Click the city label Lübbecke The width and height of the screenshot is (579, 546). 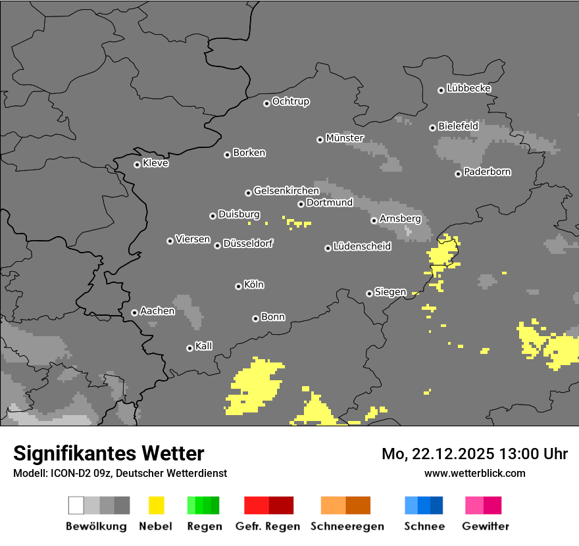[x=468, y=88]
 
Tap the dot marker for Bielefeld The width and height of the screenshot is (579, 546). [x=432, y=128]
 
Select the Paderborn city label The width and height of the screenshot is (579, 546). [x=487, y=172]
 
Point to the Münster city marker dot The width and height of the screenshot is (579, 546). [x=320, y=139]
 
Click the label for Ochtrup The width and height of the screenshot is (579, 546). [x=290, y=102]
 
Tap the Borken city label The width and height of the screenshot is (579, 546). [x=249, y=153]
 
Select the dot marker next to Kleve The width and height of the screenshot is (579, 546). [x=137, y=164]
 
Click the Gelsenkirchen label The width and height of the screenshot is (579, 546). [x=286, y=191]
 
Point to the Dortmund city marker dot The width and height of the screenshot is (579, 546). [x=301, y=204]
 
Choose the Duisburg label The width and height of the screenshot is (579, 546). [x=239, y=214]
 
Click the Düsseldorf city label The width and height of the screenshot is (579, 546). [x=247, y=243]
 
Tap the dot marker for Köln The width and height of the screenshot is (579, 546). [x=238, y=286]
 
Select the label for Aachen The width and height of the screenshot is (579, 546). [x=157, y=311]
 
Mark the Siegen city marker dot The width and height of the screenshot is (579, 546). [x=369, y=293]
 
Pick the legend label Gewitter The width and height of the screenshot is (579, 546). [x=485, y=526]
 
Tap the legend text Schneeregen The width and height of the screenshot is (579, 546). [x=347, y=526]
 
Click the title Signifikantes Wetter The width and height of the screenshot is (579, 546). [x=109, y=453]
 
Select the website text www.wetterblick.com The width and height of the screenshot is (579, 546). [x=474, y=473]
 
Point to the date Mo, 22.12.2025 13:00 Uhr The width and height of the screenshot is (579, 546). [x=474, y=454]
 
